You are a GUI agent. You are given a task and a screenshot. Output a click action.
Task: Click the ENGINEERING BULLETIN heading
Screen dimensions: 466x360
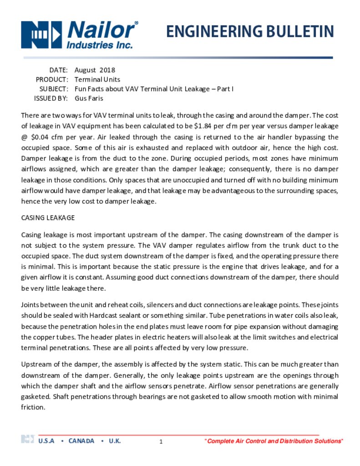[249, 32]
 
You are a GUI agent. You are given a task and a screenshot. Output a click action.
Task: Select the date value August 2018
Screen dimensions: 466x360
[95, 70]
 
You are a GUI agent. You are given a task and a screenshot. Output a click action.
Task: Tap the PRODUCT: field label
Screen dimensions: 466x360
[52, 80]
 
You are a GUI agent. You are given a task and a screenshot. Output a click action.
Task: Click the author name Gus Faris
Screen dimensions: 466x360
[89, 98]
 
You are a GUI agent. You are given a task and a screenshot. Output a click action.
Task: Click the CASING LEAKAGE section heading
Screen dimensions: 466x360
[48, 218]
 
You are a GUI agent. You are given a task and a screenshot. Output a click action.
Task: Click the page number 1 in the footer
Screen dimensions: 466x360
[161, 442]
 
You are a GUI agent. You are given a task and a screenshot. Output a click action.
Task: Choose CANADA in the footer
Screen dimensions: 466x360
[81, 441]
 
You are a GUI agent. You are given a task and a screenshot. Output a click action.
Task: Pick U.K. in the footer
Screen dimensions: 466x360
[115, 441]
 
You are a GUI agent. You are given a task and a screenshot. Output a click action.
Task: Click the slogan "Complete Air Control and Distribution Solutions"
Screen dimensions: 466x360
[274, 441]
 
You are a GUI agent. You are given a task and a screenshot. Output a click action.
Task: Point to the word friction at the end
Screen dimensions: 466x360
[33, 407]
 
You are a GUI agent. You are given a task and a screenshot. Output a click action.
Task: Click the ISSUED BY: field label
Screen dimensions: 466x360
[51, 98]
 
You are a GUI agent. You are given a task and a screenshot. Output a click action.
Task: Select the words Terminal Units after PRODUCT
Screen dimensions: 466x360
[97, 80]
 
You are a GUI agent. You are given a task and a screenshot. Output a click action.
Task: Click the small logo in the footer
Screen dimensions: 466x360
[27, 439]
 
